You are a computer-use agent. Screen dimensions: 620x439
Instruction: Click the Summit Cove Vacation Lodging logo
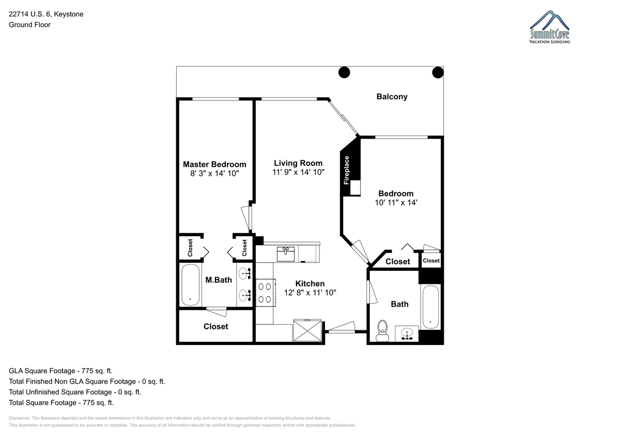pos(549,27)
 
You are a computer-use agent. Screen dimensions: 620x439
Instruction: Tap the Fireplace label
pos(346,170)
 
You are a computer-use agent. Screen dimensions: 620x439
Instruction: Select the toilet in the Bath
pos(382,331)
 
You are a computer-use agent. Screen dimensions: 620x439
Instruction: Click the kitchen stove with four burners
pos(266,293)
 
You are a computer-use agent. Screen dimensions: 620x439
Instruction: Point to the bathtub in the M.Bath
pos(191,285)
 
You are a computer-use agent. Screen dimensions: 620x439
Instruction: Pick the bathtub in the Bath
pos(430,307)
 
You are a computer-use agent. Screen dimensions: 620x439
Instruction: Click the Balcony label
pos(392,97)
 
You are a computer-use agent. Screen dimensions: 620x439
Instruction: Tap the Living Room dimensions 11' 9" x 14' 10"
pos(298,172)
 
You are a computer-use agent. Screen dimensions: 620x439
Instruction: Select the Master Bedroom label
pos(214,164)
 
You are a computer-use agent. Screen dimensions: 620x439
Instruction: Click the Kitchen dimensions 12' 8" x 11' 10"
pos(310,293)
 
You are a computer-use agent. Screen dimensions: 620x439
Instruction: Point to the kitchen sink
pos(286,254)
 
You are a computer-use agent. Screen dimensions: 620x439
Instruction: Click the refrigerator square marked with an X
pos(307,330)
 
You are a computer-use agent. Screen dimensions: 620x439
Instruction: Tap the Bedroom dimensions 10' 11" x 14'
pos(396,203)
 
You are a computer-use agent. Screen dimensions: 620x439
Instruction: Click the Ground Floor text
pos(29,25)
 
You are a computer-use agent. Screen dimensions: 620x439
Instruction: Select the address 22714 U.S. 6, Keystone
pos(46,14)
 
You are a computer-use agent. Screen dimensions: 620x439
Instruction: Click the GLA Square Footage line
pos(60,371)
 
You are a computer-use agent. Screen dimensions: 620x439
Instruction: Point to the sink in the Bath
pos(407,334)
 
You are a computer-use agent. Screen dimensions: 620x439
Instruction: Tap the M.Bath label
pos(219,280)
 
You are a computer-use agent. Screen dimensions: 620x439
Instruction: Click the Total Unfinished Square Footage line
pos(75,392)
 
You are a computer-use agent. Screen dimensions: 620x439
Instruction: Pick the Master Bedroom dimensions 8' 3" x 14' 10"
pos(214,173)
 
